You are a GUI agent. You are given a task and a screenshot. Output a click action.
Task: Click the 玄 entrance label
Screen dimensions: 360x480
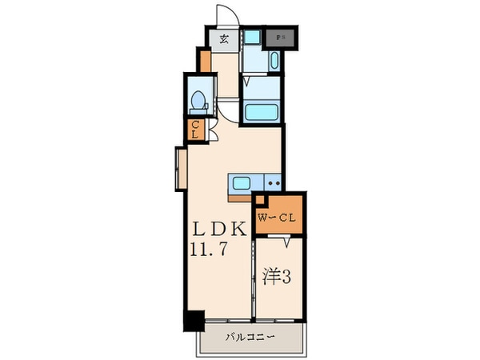click(x=223, y=38)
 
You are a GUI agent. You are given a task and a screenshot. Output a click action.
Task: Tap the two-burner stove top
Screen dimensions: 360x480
click(x=272, y=184)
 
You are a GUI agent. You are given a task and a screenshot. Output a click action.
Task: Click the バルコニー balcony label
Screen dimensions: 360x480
click(x=250, y=337)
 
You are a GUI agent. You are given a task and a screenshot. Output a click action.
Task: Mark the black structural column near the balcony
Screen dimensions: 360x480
click(x=193, y=320)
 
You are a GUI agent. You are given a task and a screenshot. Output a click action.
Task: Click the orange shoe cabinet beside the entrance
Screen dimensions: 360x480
click(x=206, y=61)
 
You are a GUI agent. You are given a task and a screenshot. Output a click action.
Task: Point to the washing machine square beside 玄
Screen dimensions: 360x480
click(x=252, y=37)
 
